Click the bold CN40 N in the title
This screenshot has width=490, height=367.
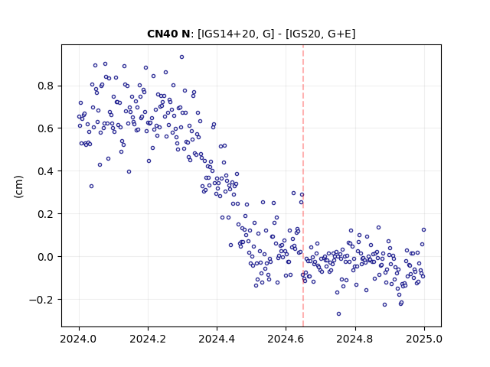tap(168, 34)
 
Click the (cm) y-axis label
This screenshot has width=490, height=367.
tap(18, 187)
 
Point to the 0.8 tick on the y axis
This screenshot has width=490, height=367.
tap(47, 86)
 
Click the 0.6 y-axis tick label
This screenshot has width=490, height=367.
tap(47, 128)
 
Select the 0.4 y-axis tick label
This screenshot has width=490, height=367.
tap(47, 171)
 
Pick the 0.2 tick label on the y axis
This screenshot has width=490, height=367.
tap(47, 214)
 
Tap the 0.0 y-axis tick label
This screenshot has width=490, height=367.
tap(47, 257)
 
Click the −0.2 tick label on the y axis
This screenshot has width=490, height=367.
tap(42, 300)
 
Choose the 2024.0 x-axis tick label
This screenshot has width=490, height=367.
tap(79, 339)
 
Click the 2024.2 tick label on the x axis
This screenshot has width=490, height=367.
tap(148, 339)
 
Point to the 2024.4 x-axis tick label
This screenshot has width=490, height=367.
tap(217, 339)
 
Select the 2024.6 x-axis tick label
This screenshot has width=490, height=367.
tap(286, 339)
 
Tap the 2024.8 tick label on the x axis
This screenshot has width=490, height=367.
tap(355, 339)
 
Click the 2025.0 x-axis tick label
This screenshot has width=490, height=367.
tap(424, 339)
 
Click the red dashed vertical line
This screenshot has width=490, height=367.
tap(303, 186)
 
